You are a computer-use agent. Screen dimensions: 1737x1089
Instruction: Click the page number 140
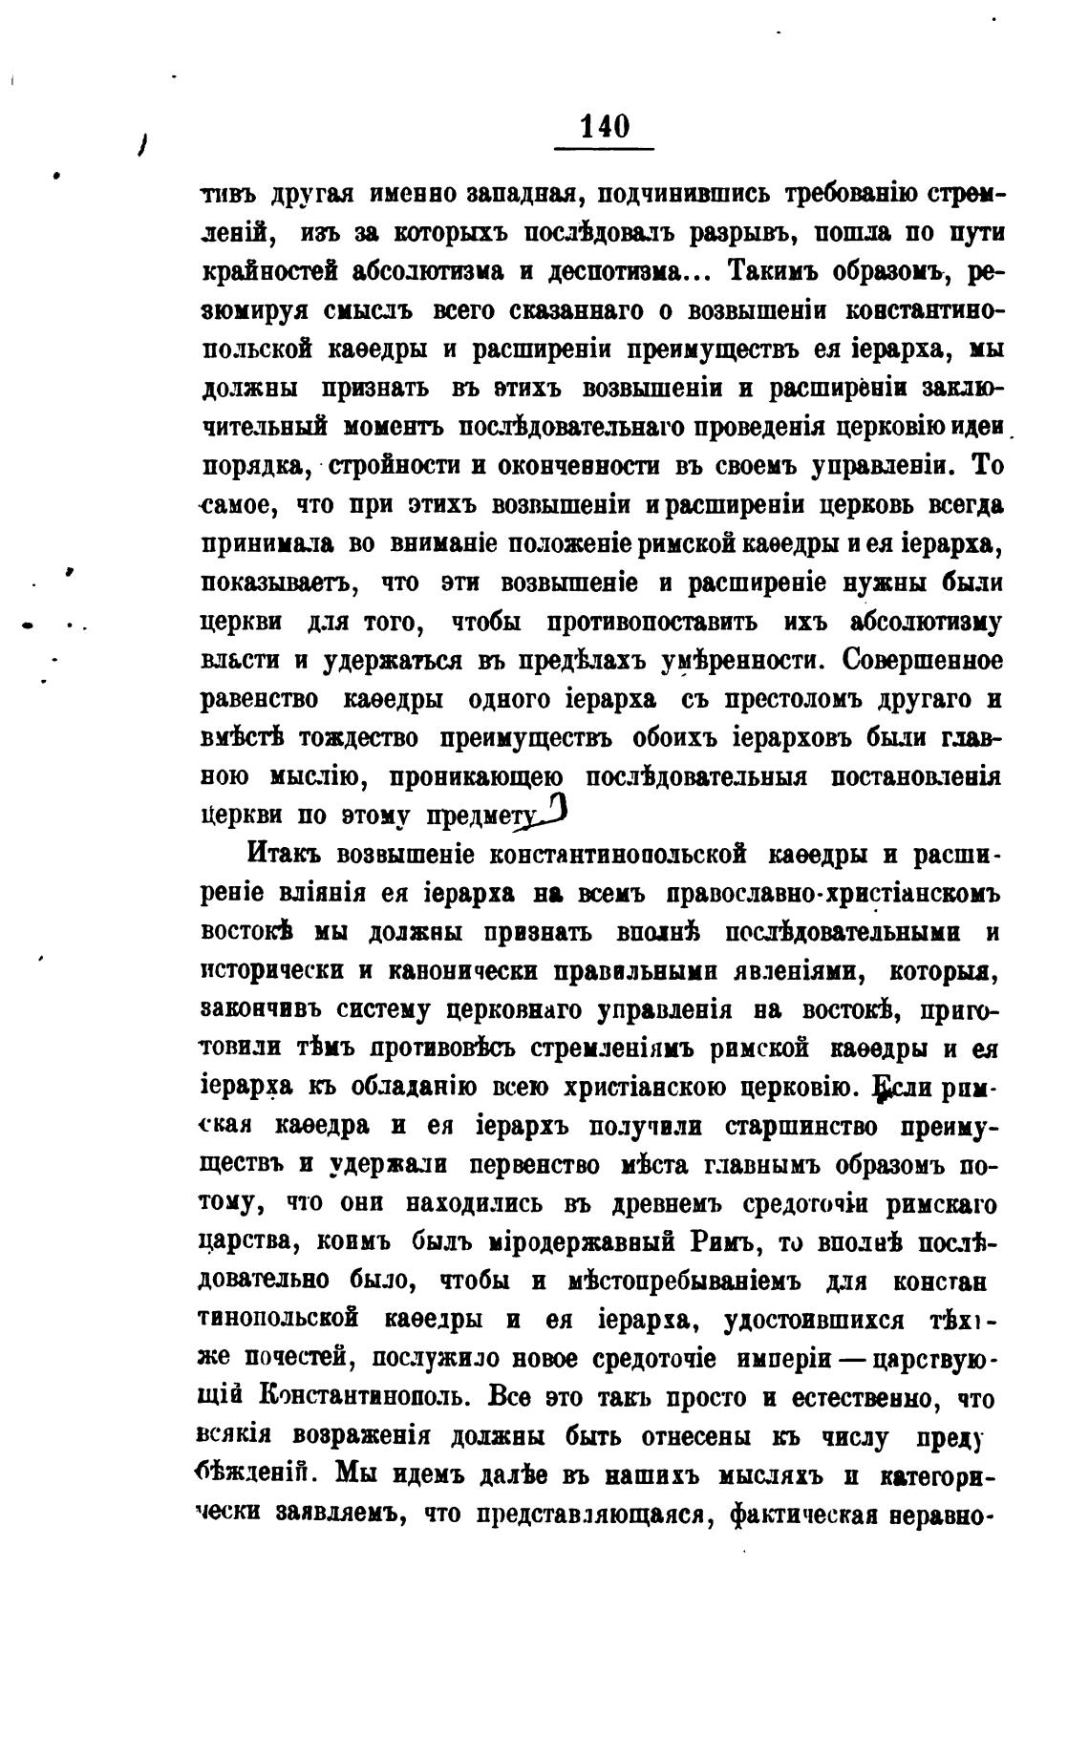[605, 127]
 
